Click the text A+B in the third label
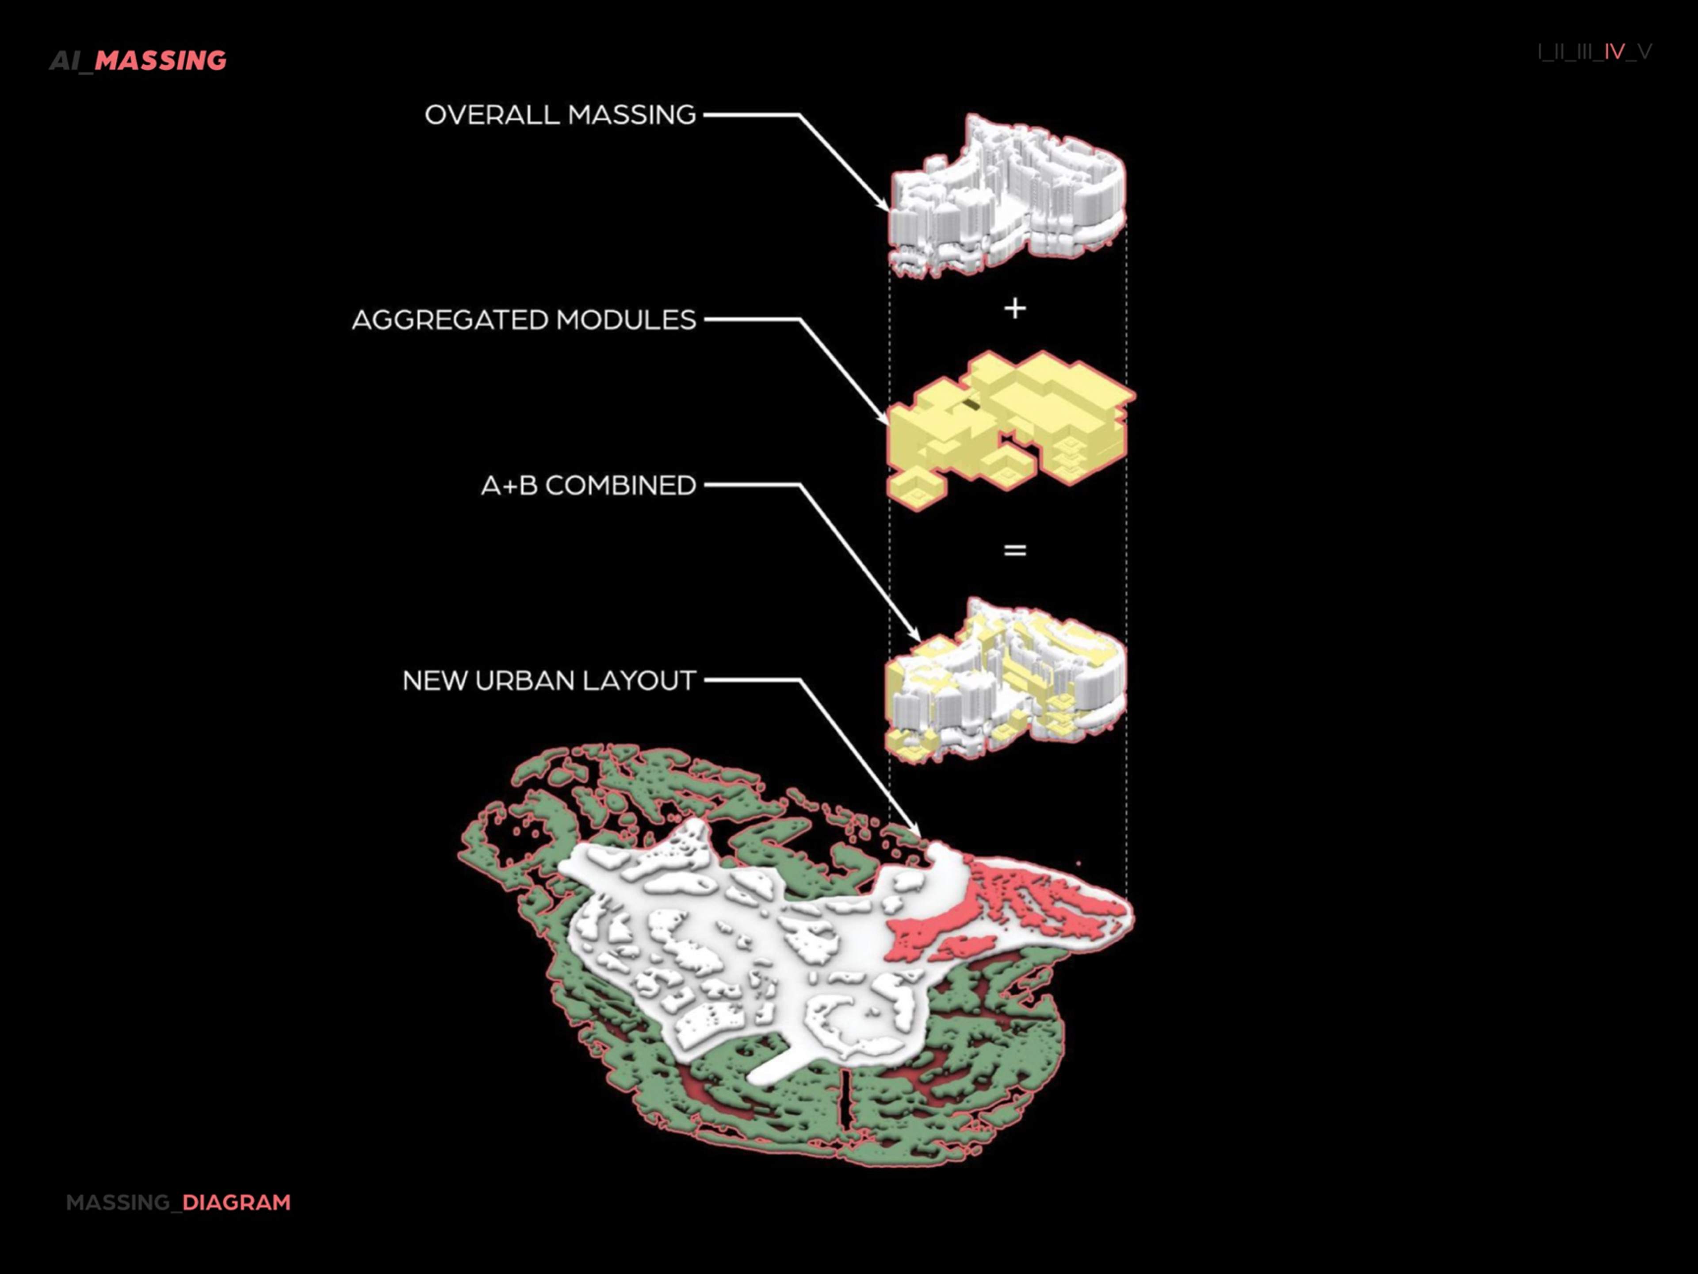pos(509,485)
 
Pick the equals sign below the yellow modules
pos(1015,550)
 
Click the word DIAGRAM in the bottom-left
pos(237,1203)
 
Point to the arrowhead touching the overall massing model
pos(883,203)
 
